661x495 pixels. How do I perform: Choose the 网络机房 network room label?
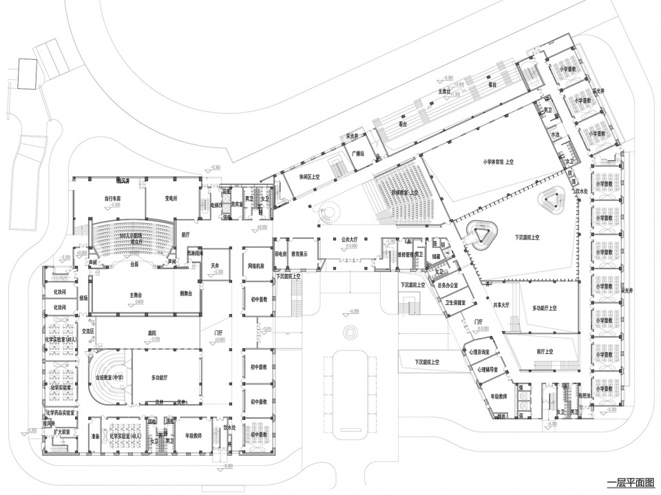pos(258,265)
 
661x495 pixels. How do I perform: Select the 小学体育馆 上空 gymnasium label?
pos(500,162)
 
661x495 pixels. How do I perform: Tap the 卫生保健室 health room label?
pos(459,302)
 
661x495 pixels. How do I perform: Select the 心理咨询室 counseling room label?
pos(480,352)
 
